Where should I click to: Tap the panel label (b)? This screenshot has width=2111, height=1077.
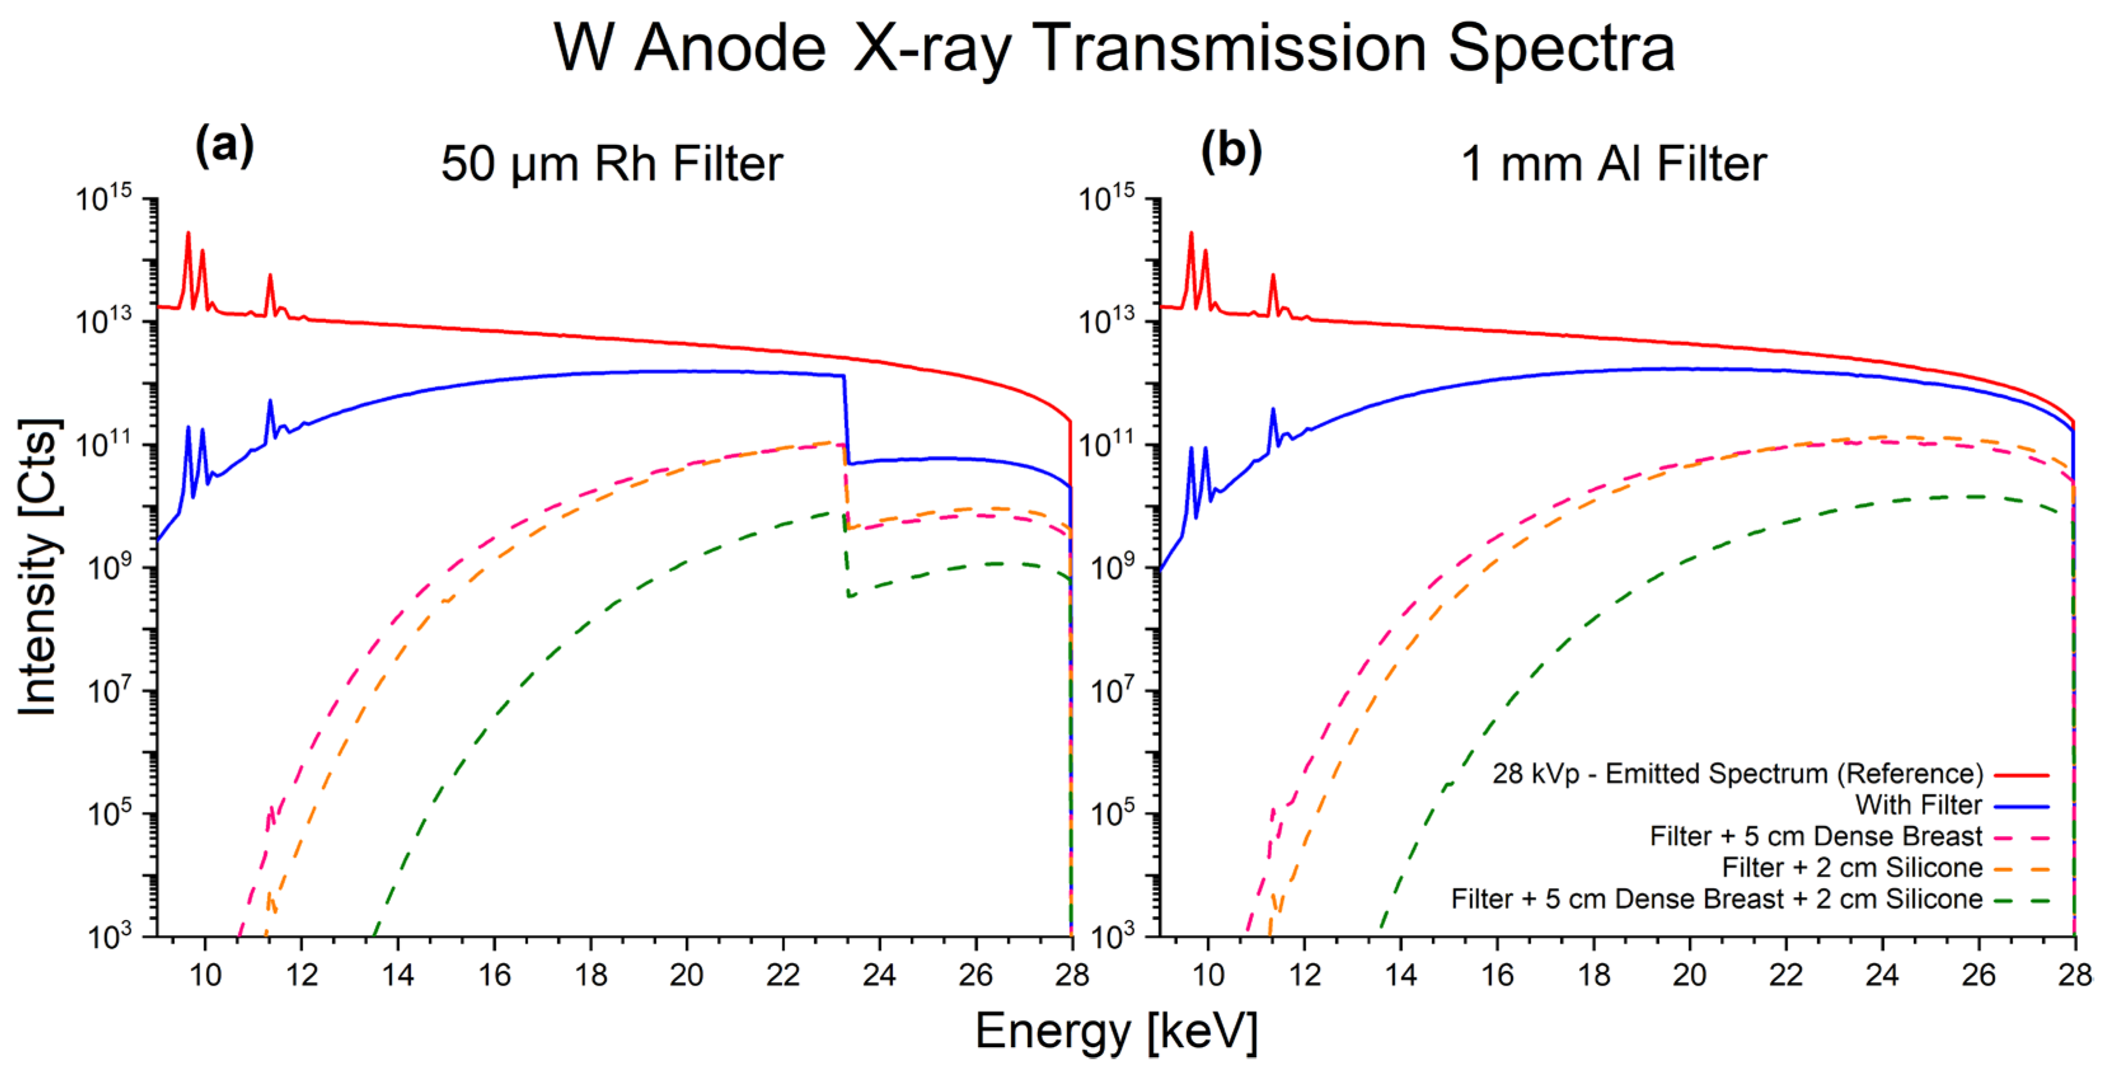pos(1230,152)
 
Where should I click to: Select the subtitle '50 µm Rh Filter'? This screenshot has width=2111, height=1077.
pos(611,164)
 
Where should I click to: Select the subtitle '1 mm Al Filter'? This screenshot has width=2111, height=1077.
pos(1613,164)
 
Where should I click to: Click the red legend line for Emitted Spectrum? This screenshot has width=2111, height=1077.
pos(2021,774)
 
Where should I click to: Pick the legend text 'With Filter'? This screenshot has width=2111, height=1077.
pos(1918,805)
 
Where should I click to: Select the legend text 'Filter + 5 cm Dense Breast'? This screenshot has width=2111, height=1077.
pos(1815,836)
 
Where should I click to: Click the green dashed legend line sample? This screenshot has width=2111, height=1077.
pos(2021,900)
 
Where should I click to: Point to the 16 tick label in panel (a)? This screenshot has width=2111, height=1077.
pos(494,975)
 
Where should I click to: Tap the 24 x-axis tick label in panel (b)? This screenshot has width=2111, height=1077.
pos(1882,975)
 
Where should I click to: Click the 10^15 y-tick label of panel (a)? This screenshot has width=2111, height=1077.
pos(104,198)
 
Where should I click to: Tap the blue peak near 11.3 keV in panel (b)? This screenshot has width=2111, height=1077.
pos(1273,411)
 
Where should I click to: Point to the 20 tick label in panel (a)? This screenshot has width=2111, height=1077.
pos(687,975)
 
